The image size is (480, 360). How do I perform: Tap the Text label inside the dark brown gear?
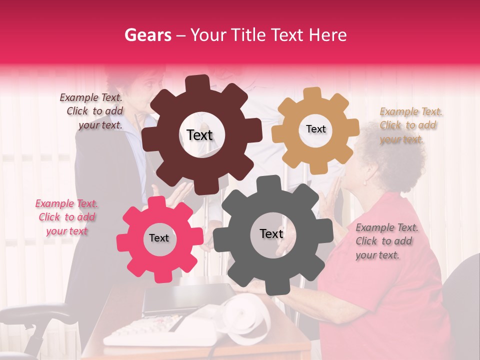pyautogui.click(x=199, y=135)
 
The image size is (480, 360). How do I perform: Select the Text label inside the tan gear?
pyautogui.click(x=315, y=129)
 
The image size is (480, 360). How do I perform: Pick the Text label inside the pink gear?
pyautogui.click(x=159, y=238)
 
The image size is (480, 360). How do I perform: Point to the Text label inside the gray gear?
pyautogui.click(x=271, y=233)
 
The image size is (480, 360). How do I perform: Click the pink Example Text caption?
pyautogui.click(x=66, y=217)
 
